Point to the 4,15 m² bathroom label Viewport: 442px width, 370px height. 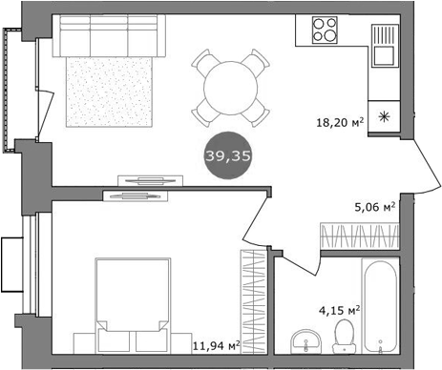coord(339,310)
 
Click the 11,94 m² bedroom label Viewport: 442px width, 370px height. coord(215,346)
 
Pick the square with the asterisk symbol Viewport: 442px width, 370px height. coord(385,115)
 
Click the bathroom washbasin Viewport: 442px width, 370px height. coord(305,339)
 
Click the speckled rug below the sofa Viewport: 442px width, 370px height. coord(107,91)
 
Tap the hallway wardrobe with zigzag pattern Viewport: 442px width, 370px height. coord(358,236)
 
